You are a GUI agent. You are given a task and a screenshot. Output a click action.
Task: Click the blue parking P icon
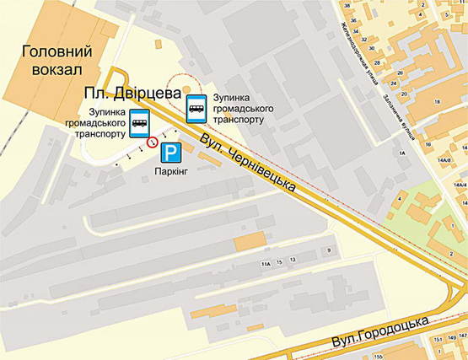pyautogui.click(x=171, y=153)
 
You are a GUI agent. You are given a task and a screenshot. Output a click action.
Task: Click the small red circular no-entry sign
pyautogui.click(x=152, y=143)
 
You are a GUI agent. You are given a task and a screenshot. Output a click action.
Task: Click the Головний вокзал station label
pyautogui.click(x=54, y=61)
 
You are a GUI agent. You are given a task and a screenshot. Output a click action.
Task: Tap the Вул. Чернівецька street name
pyautogui.click(x=252, y=163)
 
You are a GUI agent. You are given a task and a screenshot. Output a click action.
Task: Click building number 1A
pyautogui.click(x=403, y=153)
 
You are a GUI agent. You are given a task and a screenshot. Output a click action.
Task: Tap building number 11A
pyautogui.click(x=266, y=264)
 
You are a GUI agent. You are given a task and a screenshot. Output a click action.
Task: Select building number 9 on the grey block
pyautogui.click(x=329, y=250)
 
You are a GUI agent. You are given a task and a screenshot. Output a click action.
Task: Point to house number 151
pyautogui.click(x=438, y=339)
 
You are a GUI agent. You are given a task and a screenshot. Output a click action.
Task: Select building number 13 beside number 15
pyautogui.click(x=293, y=260)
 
